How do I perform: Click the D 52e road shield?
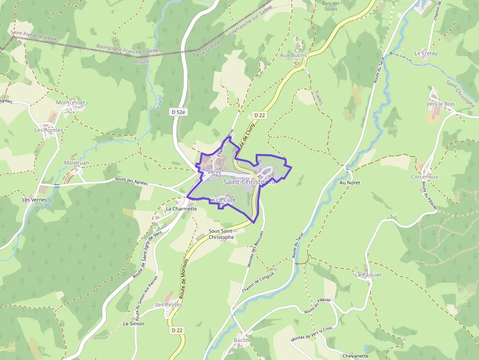coord(179,112)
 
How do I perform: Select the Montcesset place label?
coord(70,103)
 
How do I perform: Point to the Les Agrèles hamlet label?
coord(49,130)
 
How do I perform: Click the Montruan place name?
coord(77,163)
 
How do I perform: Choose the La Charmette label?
coord(181,209)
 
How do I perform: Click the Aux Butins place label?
coord(293,55)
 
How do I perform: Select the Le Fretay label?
coord(426,53)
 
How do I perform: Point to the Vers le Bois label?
coord(440,104)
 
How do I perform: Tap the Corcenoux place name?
coord(424,177)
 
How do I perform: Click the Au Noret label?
coord(349,183)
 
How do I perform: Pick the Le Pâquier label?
coord(369,275)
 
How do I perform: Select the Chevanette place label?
coord(355,356)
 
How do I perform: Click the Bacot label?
coord(241,340)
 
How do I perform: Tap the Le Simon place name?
coord(133,323)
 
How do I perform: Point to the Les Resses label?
coord(169,304)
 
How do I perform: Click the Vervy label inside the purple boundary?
coord(214,172)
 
